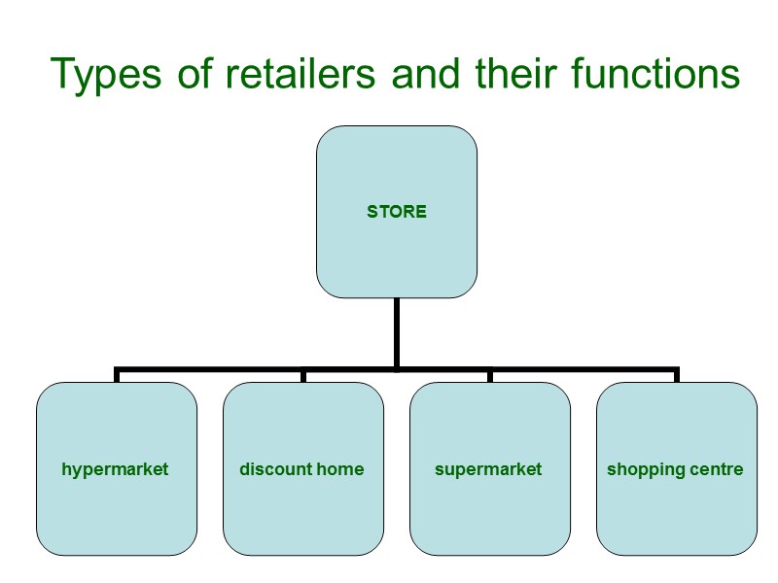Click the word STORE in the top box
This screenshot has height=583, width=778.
[396, 211]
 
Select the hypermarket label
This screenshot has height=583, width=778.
[115, 469]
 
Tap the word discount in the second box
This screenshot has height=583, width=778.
[270, 469]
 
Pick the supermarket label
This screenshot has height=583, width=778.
[488, 469]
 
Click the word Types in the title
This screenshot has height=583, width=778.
[108, 76]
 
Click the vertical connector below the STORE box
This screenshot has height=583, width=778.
[396, 330]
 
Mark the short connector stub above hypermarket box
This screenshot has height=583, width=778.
[117, 375]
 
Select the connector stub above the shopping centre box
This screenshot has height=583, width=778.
[676, 375]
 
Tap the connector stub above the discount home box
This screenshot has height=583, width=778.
[302, 375]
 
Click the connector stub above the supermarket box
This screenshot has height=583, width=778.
[489, 375]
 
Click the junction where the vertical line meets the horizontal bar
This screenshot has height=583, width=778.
[396, 369]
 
